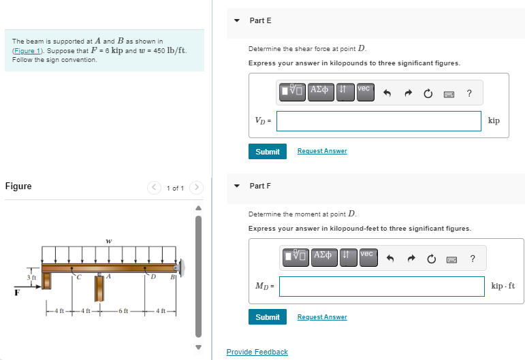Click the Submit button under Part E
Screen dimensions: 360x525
click(267, 151)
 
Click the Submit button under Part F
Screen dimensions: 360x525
click(267, 317)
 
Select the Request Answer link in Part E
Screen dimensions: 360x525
click(321, 151)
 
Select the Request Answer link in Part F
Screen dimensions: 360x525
click(321, 317)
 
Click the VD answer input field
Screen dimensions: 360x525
click(379, 120)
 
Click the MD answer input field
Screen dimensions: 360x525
click(381, 286)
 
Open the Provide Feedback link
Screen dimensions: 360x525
click(257, 352)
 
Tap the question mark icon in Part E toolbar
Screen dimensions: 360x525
click(469, 93)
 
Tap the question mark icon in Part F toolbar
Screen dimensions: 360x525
click(473, 258)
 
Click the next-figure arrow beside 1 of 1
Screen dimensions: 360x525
click(196, 187)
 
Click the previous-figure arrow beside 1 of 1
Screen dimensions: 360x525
click(155, 187)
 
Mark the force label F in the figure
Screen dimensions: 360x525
click(16, 293)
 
